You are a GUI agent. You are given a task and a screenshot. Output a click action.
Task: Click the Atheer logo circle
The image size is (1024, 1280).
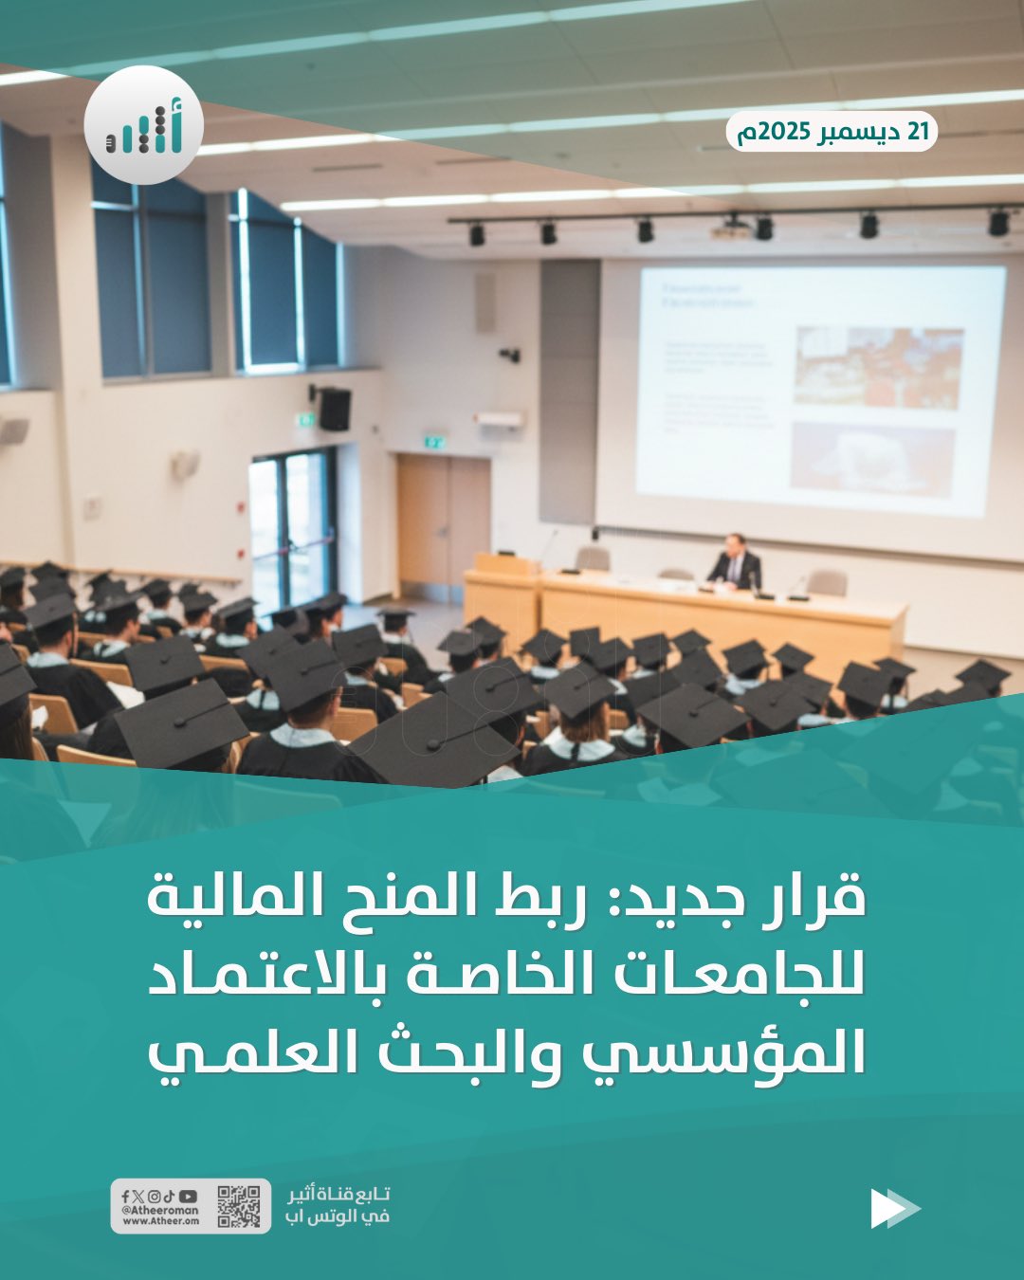pos(143,125)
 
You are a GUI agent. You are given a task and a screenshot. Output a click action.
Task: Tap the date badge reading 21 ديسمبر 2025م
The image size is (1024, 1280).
pos(832,132)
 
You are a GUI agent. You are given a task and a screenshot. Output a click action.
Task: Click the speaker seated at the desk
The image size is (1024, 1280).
pos(735,562)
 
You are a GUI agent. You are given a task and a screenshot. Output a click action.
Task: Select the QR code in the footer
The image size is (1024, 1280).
pos(238,1206)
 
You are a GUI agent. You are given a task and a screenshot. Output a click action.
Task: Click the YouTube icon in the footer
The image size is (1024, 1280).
pos(188,1197)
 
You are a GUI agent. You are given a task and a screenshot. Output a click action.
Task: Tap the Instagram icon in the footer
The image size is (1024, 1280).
pos(154,1197)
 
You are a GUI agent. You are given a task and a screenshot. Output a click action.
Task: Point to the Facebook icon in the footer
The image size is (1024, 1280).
pos(125,1197)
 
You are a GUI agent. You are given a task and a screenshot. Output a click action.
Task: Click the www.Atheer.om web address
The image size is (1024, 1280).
pos(160,1221)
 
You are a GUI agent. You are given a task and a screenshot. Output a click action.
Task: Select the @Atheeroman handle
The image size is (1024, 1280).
pos(160,1210)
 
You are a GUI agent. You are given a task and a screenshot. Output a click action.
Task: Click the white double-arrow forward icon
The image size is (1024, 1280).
pos(894,1208)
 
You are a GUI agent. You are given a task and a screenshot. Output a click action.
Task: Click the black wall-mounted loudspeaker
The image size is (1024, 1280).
pos(334,409)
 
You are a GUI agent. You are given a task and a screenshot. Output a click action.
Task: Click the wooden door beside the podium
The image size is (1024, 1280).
pos(444,523)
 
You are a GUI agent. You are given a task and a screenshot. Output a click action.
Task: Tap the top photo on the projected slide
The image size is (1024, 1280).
pos(878,367)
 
